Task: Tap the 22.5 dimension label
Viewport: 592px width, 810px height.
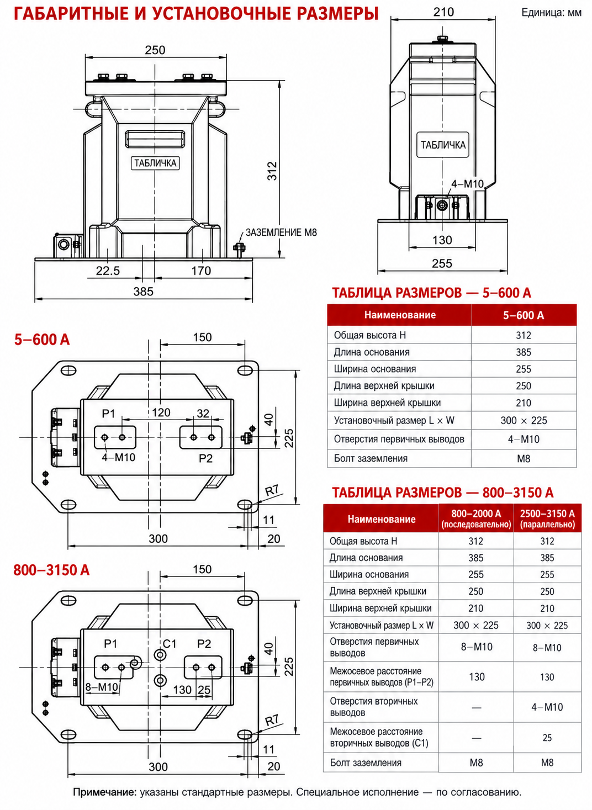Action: (107, 271)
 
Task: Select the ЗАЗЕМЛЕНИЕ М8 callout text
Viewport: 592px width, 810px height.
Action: (281, 232)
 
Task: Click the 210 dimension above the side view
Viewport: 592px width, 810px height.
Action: (443, 12)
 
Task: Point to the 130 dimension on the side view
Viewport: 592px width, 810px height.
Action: (442, 240)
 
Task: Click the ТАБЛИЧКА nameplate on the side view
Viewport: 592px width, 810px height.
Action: (443, 145)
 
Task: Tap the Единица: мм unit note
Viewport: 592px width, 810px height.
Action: (552, 13)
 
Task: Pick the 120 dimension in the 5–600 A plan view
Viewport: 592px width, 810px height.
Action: (161, 412)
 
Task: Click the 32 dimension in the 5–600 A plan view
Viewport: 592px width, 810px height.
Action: (203, 414)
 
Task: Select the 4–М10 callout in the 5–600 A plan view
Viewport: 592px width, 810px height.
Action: (118, 457)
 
